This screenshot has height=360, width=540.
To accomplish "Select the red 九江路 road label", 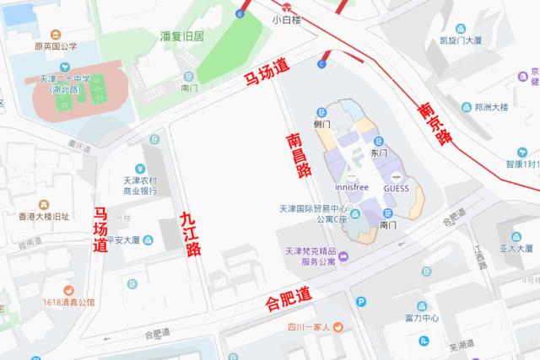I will click(x=191, y=234).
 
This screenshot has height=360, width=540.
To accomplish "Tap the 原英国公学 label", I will click(x=56, y=46).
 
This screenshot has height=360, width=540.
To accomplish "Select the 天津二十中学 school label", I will click(x=70, y=83).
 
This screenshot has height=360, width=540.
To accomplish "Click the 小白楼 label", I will click(x=287, y=18).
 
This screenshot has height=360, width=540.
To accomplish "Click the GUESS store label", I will click(x=396, y=188).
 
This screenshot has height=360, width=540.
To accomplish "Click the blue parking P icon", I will click(x=362, y=303).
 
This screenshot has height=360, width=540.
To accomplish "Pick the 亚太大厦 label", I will click(x=516, y=249).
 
